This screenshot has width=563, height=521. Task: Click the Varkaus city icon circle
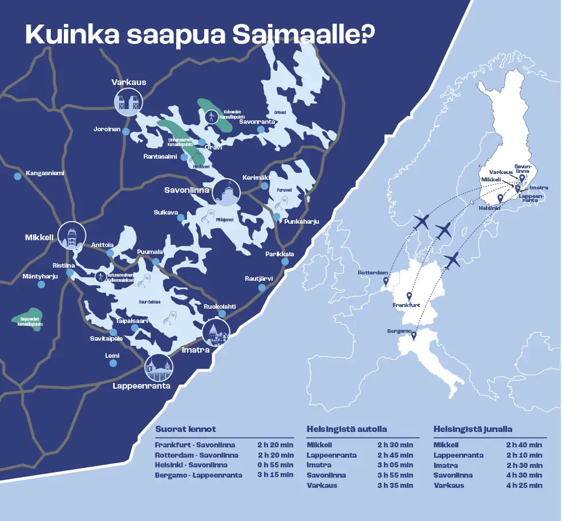[128, 102]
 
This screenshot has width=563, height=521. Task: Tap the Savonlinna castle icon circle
[226, 193]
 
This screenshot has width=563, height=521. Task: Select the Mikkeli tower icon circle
[71, 236]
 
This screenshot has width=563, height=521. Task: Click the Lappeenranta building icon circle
[159, 368]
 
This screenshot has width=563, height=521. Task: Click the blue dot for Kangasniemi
[17, 176]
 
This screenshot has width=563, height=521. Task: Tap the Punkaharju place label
[301, 221]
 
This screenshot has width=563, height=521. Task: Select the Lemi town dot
[114, 363]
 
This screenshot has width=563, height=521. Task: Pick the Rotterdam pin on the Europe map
[386, 281]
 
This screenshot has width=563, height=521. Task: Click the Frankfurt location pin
[409, 297]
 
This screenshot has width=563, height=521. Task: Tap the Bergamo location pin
[414, 336]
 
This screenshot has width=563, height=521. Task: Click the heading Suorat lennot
[185, 429]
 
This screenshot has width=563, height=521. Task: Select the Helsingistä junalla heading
[473, 429]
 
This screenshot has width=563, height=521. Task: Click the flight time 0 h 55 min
[276, 465]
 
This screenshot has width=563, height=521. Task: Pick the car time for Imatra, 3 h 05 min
[395, 465]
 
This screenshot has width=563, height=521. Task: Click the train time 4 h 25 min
[524, 485]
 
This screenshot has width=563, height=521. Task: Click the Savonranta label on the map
[257, 122]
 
